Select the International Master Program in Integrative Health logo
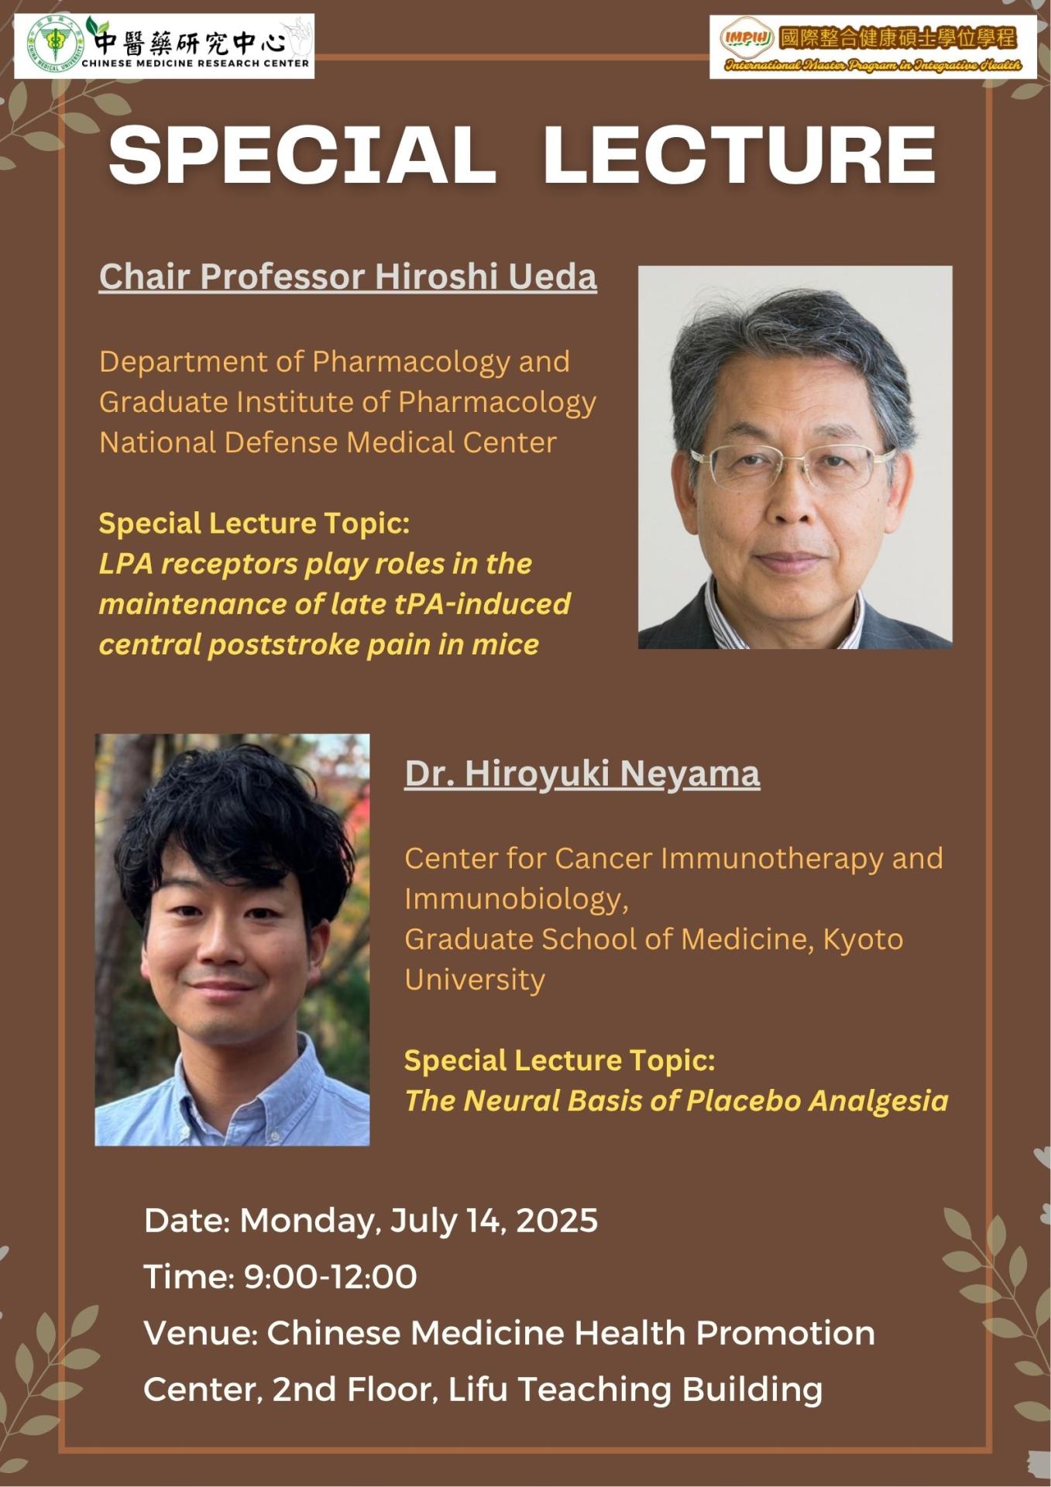(873, 46)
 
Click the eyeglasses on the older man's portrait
(792, 466)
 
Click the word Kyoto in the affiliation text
(863, 939)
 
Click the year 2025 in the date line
(557, 1221)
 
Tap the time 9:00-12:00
(331, 1277)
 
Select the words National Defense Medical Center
(328, 442)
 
